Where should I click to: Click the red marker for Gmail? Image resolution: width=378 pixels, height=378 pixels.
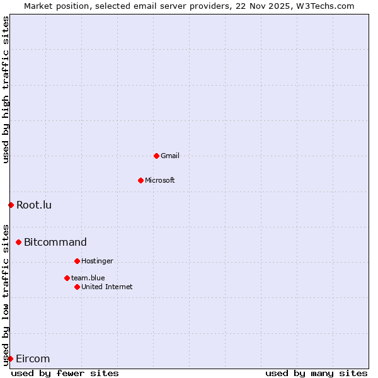156,156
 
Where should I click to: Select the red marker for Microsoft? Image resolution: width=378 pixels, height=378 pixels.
140,180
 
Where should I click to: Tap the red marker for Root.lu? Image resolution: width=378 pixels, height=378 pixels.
11,205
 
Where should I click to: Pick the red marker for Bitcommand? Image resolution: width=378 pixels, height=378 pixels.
18,242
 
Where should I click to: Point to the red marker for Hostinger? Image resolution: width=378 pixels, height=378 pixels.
77,261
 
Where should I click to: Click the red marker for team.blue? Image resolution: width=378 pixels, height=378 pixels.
67,278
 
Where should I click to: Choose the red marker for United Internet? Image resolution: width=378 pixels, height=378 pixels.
77,287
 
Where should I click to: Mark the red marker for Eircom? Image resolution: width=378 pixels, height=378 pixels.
10,358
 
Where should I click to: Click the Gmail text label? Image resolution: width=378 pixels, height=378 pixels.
170,156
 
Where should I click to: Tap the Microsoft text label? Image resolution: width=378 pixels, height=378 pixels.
160,180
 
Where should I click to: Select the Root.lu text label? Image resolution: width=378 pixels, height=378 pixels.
34,205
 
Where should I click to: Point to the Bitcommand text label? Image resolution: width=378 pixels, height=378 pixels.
55,242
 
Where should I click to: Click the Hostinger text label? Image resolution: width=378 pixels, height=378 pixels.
98,261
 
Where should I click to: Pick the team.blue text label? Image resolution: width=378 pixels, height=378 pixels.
88,278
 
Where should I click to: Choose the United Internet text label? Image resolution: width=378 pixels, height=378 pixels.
107,287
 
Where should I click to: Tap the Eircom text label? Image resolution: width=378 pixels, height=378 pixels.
33,358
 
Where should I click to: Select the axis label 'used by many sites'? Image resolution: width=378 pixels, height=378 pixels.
316,373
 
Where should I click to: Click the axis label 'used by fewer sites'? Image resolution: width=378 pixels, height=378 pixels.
65,373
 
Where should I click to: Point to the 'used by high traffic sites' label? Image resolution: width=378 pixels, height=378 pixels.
6,89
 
